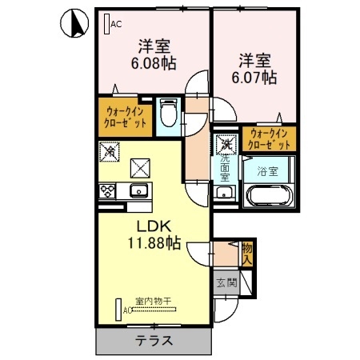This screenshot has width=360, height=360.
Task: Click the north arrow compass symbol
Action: [71, 23]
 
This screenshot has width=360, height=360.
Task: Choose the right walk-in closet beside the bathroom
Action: [268, 138]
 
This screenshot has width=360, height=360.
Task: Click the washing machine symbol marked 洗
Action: [227, 144]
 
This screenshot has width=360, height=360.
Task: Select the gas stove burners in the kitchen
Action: [106, 190]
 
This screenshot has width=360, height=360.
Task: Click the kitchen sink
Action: [138, 190]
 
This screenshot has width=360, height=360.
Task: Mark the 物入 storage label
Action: [247, 254]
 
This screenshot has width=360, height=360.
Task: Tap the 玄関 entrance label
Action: [226, 282]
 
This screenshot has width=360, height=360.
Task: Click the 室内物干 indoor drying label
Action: [151, 301]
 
